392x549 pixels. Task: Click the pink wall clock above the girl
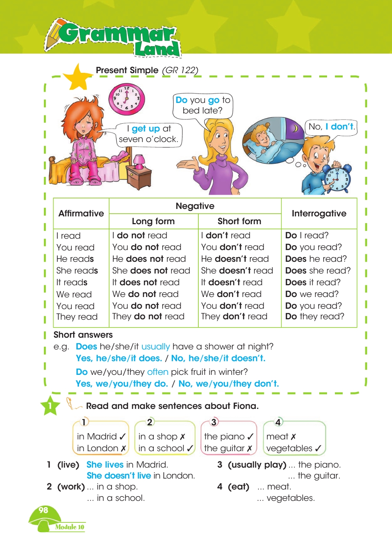coord(126,99)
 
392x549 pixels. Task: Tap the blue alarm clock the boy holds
coord(338,178)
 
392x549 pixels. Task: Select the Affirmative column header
coord(81,214)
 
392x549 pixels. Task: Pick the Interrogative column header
coord(319,214)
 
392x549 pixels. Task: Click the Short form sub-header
coord(239,221)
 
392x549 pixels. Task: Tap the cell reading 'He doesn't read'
coord(235,259)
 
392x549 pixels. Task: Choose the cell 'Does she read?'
coord(318,271)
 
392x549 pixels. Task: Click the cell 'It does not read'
coord(146,283)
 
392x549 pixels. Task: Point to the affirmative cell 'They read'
coord(77,317)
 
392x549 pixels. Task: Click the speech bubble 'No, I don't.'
coord(331,127)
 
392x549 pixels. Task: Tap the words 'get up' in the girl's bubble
coord(146,129)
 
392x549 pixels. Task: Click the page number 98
coord(43,510)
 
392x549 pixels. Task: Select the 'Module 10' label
coord(70,527)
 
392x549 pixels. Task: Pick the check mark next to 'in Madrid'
coord(122,437)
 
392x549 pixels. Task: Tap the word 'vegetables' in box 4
coord(289,448)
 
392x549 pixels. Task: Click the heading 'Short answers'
coord(83,335)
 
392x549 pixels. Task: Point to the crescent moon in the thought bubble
coord(296,128)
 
